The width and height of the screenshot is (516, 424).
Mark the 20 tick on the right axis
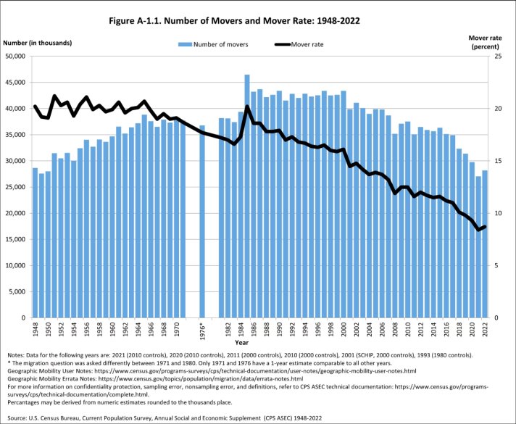498,109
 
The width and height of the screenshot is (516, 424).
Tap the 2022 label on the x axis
485,330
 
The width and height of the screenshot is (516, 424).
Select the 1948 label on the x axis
35,330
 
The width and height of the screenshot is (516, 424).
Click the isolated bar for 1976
202,221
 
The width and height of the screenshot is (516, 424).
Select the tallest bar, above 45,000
247,196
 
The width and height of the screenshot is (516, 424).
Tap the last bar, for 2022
485,244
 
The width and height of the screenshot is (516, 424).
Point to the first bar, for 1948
35,243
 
